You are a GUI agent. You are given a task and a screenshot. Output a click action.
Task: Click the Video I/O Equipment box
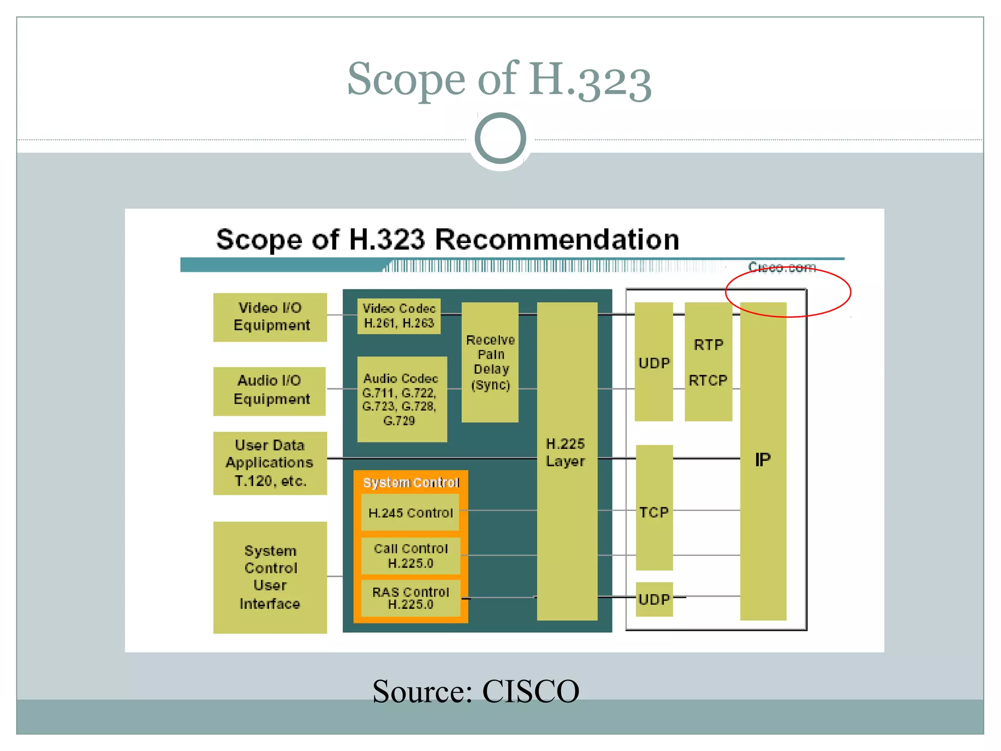270,317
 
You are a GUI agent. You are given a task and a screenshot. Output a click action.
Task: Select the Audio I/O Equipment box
269,391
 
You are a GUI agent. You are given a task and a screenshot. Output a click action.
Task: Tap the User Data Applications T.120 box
270,463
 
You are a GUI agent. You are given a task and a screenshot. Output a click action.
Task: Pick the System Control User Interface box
270,577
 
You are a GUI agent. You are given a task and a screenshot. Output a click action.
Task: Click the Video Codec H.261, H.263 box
399,316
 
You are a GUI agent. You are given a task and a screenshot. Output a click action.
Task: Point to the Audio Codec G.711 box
402,399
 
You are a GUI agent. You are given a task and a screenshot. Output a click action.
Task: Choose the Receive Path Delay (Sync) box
490,362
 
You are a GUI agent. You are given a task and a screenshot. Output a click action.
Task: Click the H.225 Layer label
566,452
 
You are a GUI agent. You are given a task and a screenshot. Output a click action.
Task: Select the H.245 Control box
411,512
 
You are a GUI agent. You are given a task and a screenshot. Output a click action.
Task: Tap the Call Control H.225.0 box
411,556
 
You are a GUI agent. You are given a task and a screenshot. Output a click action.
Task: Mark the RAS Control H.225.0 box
411,598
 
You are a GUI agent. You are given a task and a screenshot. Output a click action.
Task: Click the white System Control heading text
411,483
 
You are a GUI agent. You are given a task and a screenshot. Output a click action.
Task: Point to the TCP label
654,512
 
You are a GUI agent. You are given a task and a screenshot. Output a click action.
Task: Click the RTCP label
708,380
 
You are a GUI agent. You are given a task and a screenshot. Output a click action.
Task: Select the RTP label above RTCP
708,345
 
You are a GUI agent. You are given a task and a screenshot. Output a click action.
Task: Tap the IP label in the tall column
762,460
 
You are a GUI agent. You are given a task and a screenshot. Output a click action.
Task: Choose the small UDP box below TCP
654,599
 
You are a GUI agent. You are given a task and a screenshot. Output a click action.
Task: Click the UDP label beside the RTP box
654,363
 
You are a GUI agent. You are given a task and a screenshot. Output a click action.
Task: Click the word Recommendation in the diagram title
557,240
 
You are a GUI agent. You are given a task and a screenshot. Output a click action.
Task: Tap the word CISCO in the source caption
530,691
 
